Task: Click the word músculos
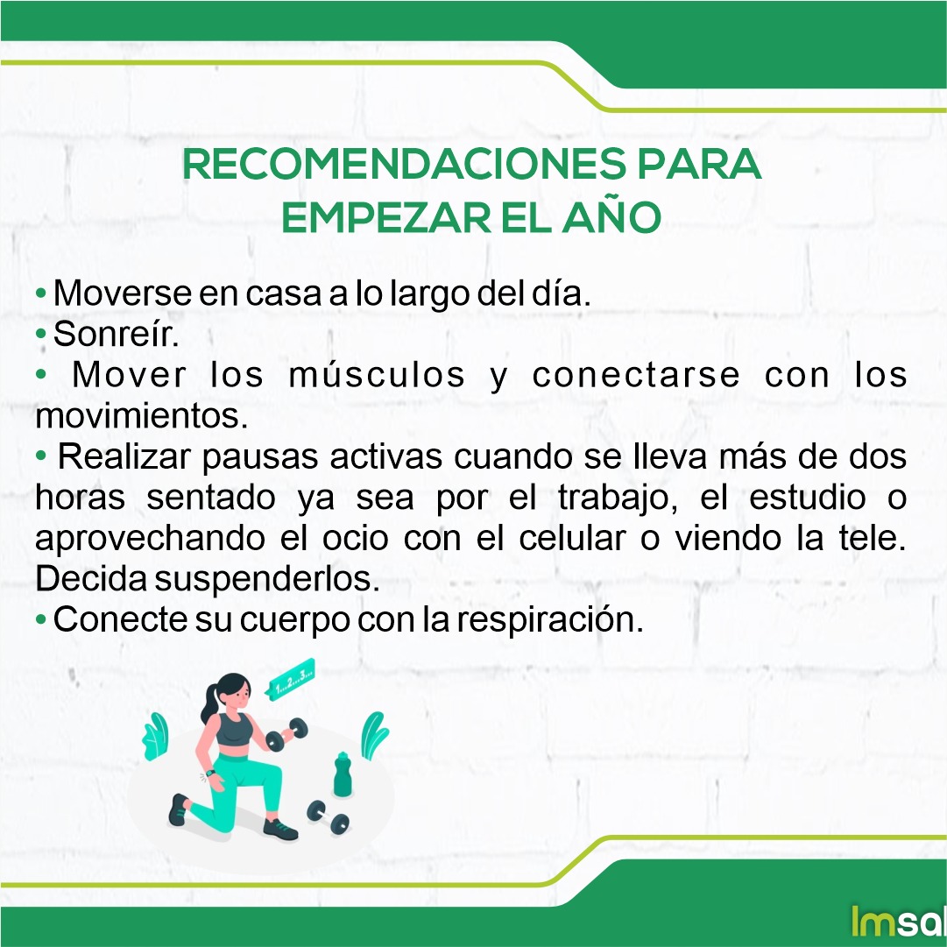coord(378,375)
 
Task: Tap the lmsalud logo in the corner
coord(897,920)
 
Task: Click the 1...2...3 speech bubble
coord(293,679)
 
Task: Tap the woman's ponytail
coord(210,701)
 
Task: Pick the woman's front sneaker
coord(280,829)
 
